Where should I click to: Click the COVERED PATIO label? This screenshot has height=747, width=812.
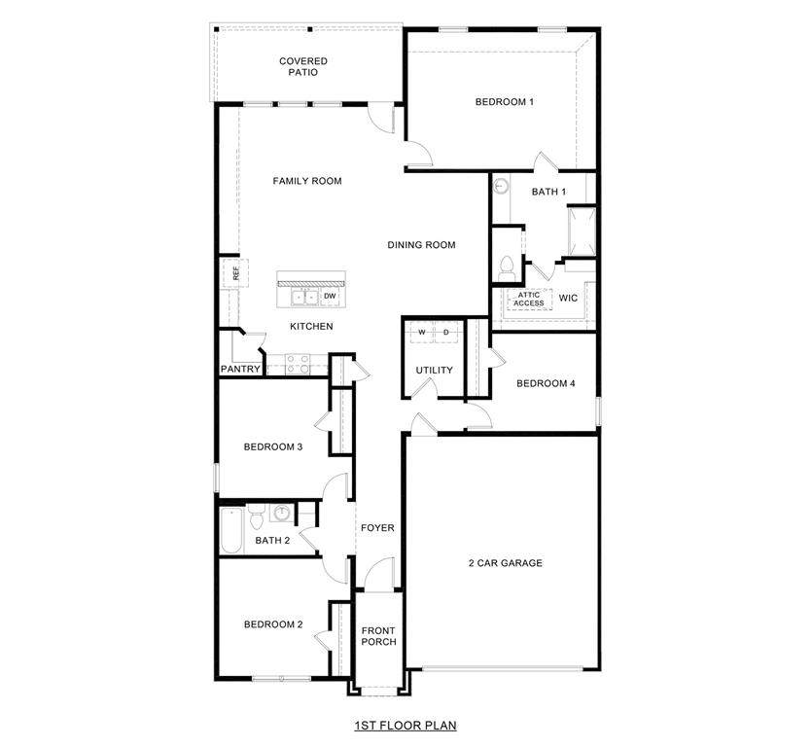coord(303,66)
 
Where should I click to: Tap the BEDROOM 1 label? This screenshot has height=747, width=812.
coord(504,102)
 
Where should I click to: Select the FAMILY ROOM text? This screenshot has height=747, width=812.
coord(306,181)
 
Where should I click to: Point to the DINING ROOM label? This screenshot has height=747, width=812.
coord(421,245)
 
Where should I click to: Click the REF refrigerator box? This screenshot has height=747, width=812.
coord(234,273)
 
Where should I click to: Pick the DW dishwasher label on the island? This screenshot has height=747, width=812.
coord(330,296)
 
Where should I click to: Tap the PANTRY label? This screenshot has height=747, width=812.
coord(240,370)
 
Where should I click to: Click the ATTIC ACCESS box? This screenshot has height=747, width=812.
coord(529,299)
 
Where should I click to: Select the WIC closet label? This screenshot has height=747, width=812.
coord(568,298)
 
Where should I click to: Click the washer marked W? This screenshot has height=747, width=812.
coord(422,332)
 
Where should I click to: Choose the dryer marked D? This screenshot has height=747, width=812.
coord(446,332)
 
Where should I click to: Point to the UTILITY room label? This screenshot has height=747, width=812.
coord(434,371)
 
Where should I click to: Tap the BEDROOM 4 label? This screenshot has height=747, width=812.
coord(546,383)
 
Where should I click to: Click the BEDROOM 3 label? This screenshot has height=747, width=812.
coord(273,447)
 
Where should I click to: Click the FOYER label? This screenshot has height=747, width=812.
coord(377,528)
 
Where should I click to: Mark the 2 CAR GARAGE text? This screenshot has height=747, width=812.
coord(505,563)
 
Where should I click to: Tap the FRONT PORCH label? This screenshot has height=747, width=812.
coord(378,635)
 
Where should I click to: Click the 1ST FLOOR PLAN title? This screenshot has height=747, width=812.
coord(405,725)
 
